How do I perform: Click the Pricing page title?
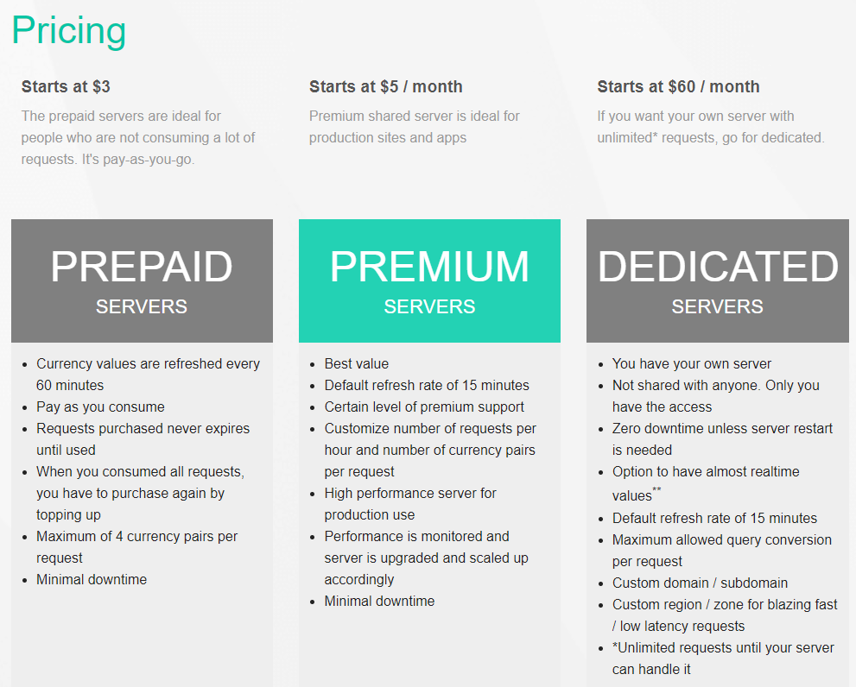(x=69, y=31)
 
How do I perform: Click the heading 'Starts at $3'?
(x=66, y=87)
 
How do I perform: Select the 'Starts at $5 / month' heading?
(x=386, y=87)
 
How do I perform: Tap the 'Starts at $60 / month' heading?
(x=678, y=87)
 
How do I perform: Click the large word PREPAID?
(x=142, y=267)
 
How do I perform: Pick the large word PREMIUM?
(x=429, y=267)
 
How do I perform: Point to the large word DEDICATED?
(x=718, y=267)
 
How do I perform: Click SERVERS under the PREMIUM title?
(x=429, y=306)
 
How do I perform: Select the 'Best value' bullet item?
(x=357, y=363)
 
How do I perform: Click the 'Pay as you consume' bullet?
(x=100, y=407)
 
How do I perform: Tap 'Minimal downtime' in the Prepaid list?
(x=92, y=579)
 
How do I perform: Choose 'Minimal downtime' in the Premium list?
(x=379, y=601)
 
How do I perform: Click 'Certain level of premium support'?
(x=424, y=407)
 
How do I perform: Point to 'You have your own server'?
(x=692, y=364)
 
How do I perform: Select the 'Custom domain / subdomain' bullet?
(x=700, y=583)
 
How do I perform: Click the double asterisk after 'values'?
(x=656, y=488)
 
